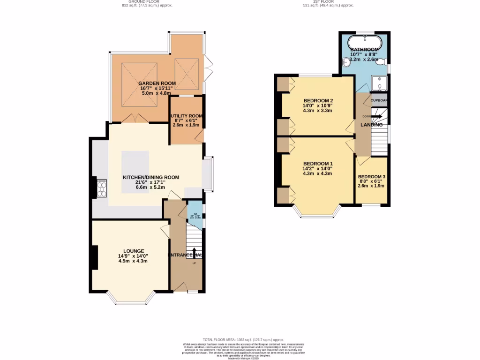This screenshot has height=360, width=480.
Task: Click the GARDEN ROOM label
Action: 157,83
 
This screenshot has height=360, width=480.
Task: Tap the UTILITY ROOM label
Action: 186,116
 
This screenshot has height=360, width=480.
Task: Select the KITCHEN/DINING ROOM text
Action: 151,177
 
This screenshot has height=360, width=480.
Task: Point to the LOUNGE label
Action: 134,251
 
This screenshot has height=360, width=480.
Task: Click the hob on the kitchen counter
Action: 101,187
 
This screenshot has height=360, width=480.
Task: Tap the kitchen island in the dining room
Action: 135,171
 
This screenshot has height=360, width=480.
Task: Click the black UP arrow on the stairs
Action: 195,252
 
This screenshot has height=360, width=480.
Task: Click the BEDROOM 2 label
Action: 318,101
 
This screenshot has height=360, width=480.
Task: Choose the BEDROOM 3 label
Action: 371,177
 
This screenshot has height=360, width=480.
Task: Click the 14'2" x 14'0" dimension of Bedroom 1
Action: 317,169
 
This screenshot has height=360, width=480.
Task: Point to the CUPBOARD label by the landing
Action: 379,100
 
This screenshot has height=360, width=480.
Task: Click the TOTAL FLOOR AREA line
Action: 243,339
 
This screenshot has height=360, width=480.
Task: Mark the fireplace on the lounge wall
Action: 95,257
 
